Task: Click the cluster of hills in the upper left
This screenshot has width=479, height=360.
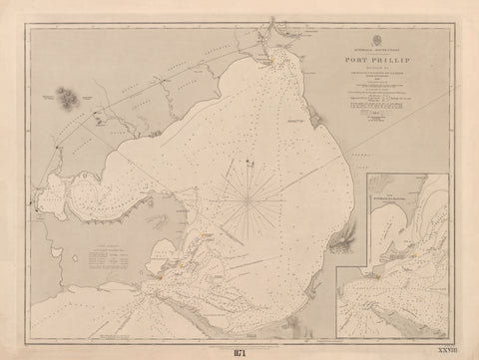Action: click(67, 97)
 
